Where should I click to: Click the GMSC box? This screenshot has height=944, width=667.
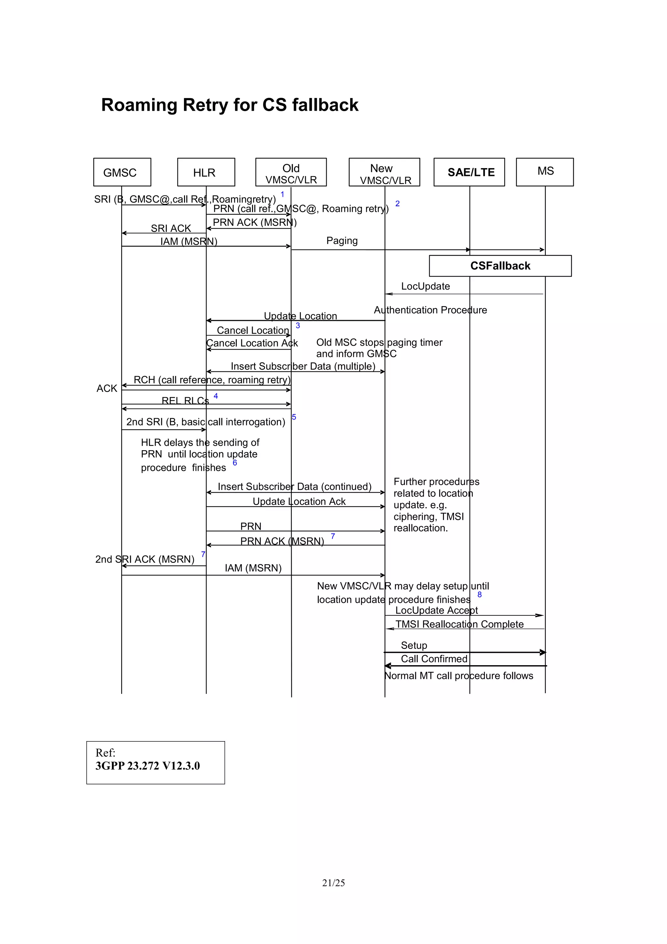pos(122,172)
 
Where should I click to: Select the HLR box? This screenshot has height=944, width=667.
pos(206,172)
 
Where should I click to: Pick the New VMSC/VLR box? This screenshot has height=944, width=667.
pos(384,172)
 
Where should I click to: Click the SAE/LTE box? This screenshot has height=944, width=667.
pos(469,172)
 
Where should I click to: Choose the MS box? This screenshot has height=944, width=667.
pos(545,172)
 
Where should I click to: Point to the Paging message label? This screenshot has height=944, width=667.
pos(342,240)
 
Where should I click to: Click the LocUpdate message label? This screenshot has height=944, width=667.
pos(425,286)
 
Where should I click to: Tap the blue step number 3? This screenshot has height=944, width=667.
pos(298,326)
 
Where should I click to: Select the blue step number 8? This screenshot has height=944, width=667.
pos(480,594)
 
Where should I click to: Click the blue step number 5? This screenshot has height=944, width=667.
pos(294,417)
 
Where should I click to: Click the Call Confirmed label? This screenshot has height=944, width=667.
pos(434,659)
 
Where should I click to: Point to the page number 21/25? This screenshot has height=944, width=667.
pos(333,883)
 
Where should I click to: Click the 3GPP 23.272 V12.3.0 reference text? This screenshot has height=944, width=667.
pos(148,765)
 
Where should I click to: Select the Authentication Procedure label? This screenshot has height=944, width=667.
pos(430,310)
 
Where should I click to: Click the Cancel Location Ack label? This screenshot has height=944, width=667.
pos(252,343)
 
